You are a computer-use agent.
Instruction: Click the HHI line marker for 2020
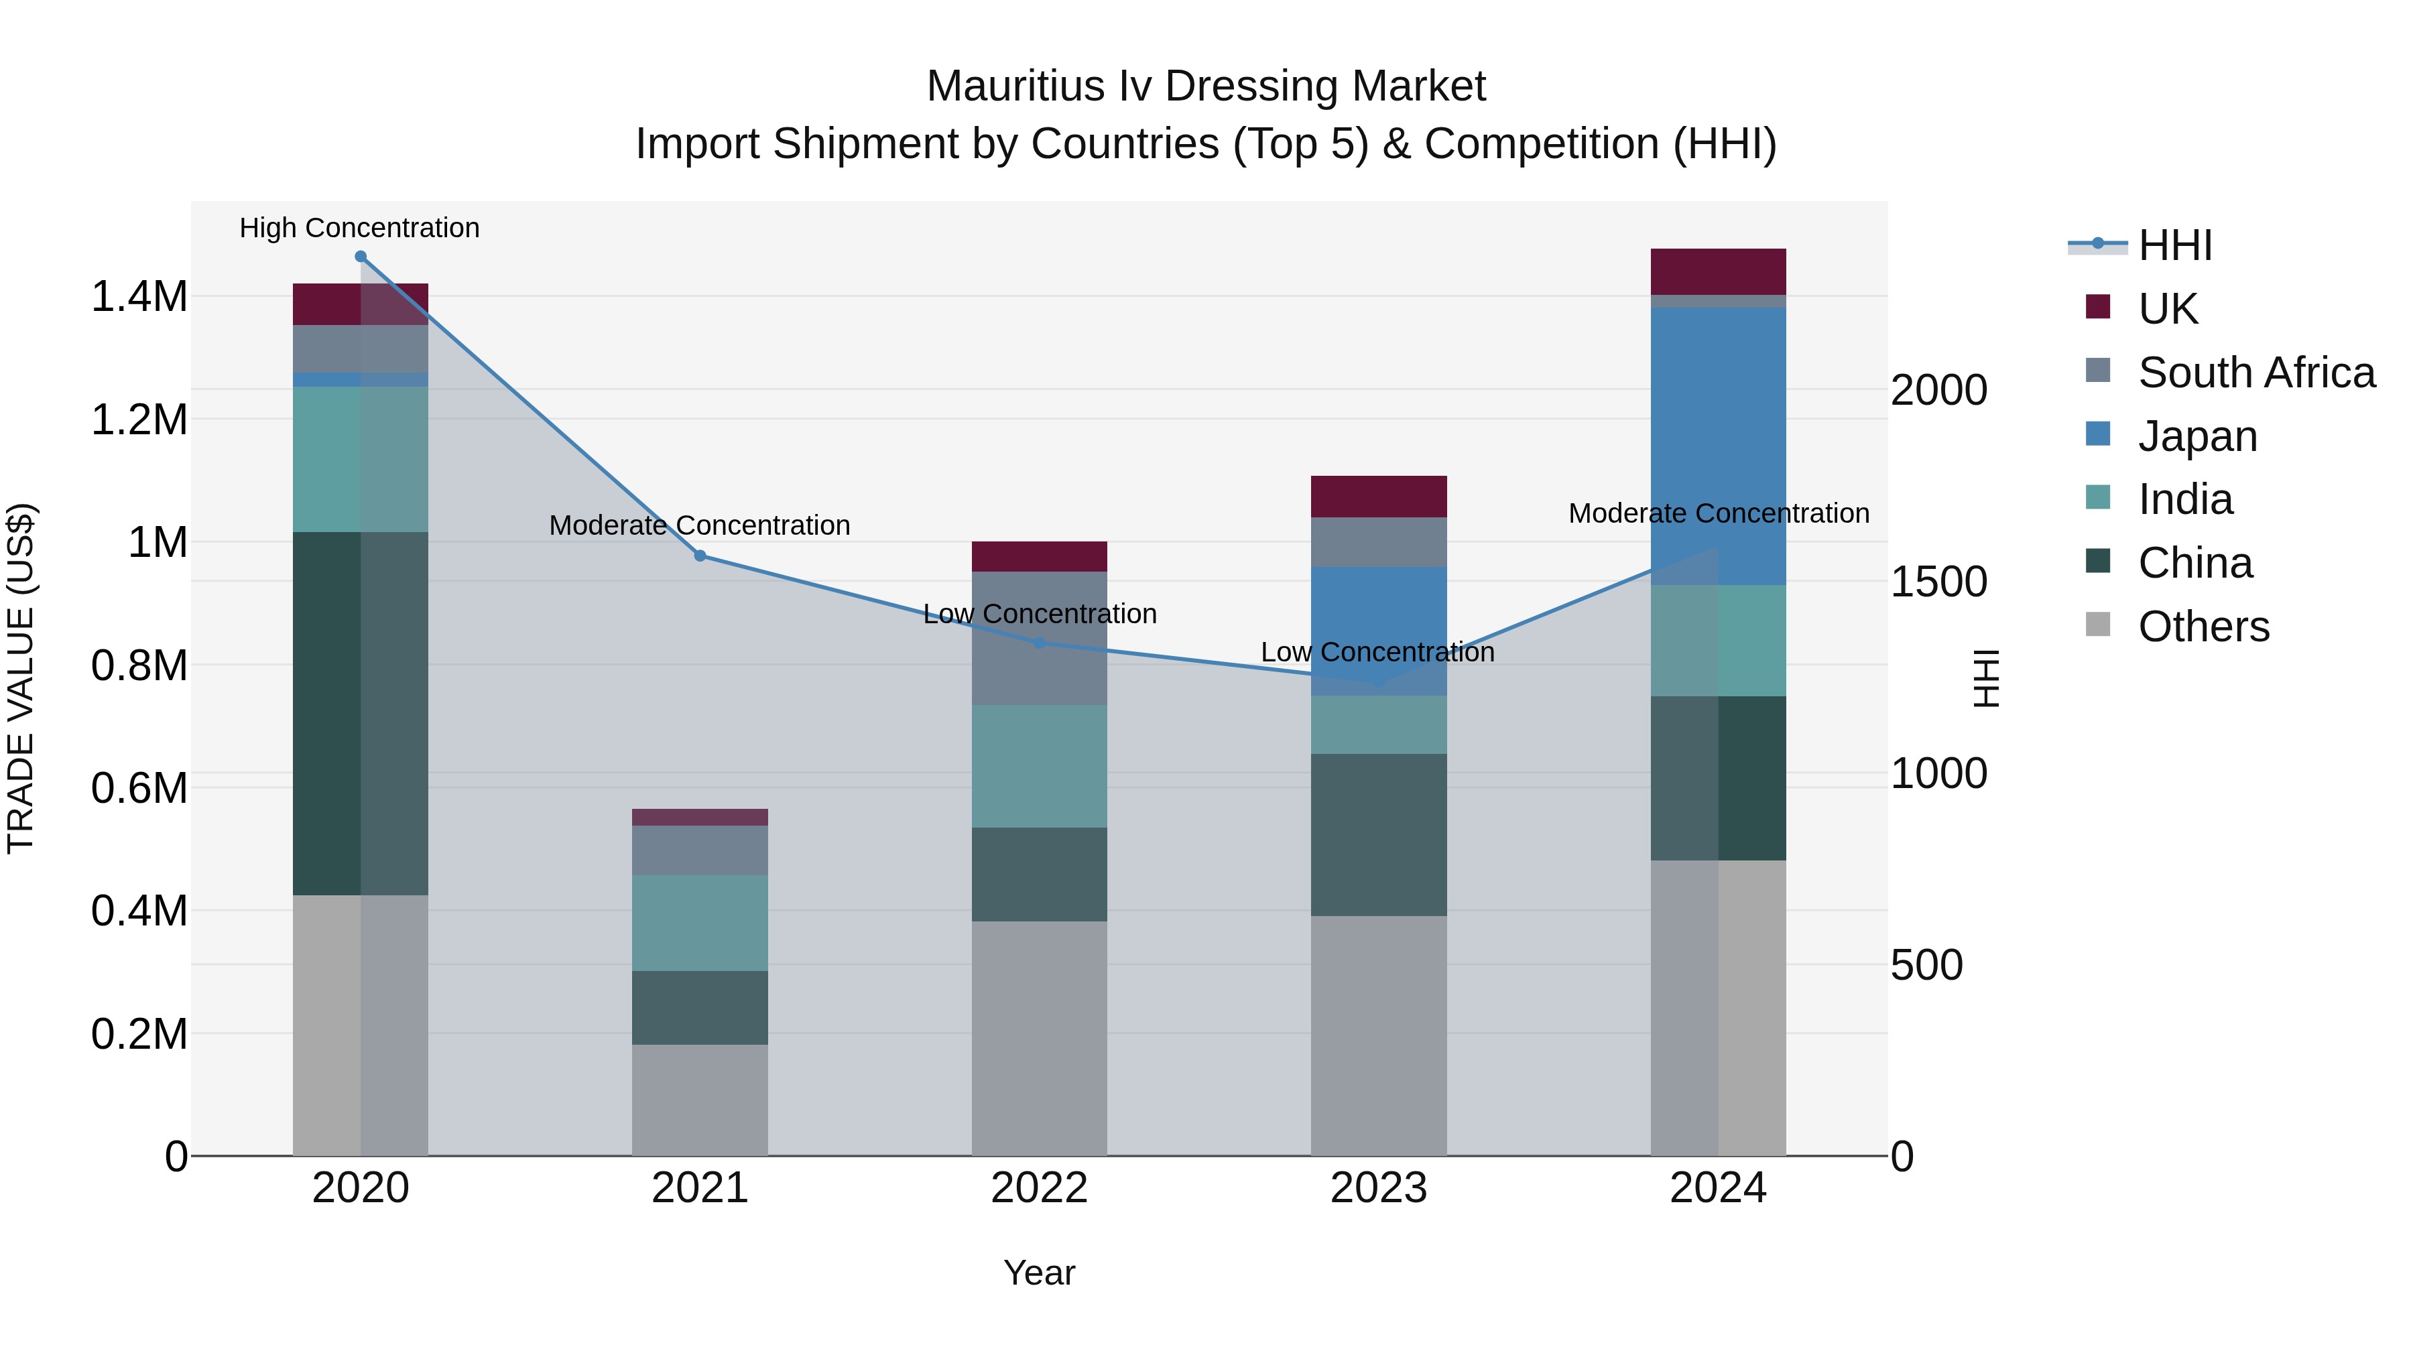(361, 257)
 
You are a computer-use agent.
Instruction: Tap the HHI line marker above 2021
(700, 556)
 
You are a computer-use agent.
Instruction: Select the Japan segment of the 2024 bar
(1718, 446)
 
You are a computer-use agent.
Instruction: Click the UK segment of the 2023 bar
(1378, 497)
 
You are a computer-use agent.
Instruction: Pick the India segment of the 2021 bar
(700, 923)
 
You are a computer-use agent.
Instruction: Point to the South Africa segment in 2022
(1039, 638)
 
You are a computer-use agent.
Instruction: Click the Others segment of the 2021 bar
(700, 1100)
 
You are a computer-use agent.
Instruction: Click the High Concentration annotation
(360, 229)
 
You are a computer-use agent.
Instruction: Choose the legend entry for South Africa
(2255, 373)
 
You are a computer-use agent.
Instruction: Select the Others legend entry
(2203, 627)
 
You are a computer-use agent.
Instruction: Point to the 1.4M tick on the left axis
(139, 297)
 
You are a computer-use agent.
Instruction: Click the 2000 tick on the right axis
(1938, 391)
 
